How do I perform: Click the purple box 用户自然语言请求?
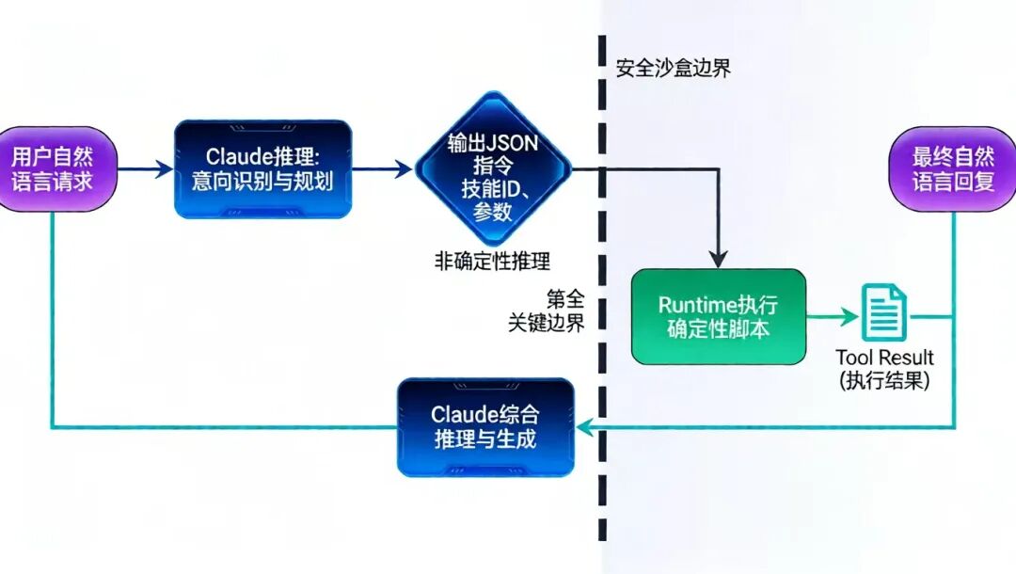point(52,169)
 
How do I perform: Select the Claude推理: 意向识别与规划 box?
point(262,169)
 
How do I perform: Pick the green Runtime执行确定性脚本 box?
point(719,317)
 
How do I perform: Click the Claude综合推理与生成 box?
point(485,427)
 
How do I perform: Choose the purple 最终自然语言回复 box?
point(953,169)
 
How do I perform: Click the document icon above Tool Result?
point(884,313)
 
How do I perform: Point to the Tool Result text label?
point(884,358)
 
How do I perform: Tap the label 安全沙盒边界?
point(673,69)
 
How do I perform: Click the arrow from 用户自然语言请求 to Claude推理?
point(146,169)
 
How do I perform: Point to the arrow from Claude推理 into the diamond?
point(383,169)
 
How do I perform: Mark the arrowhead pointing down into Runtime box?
point(719,259)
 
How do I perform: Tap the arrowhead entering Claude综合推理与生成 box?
point(583,428)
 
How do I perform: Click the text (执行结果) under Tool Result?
point(884,382)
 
